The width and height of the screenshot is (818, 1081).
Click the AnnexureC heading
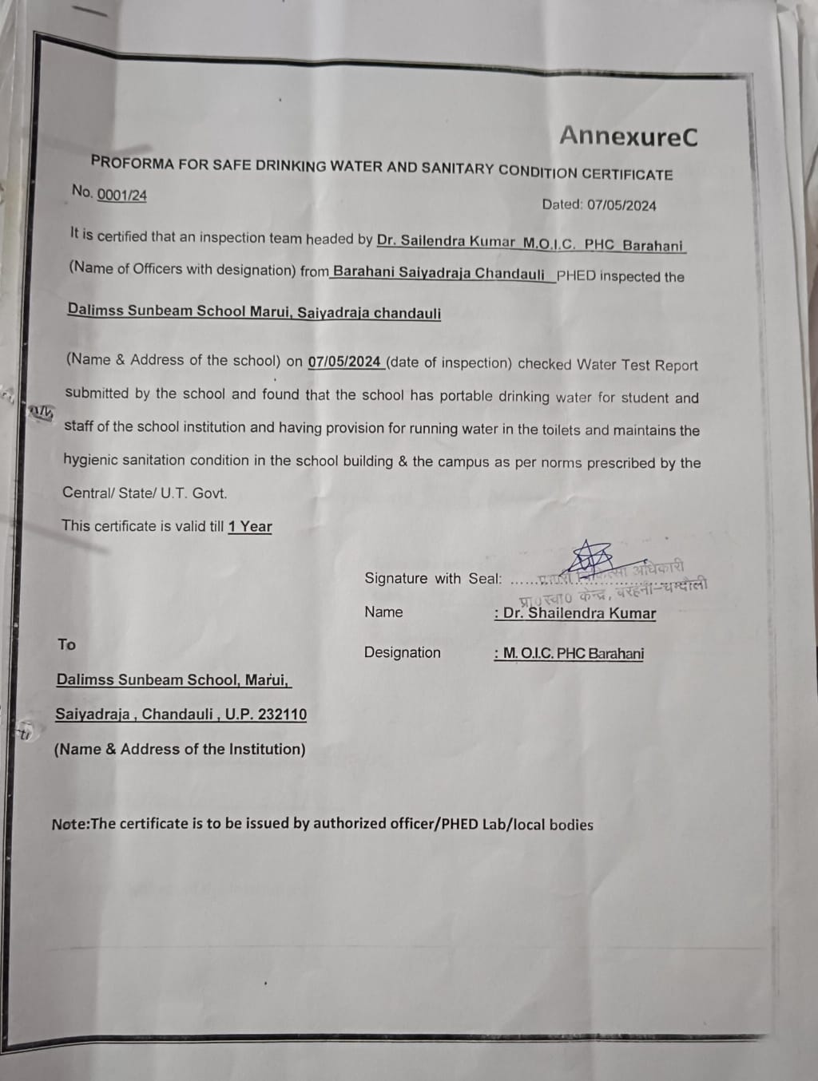[628, 136]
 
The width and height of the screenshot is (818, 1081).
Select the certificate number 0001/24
[121, 195]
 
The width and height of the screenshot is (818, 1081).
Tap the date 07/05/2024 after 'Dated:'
[621, 205]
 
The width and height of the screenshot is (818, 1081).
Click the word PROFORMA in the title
[132, 162]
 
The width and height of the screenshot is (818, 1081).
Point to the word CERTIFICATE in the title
[627, 174]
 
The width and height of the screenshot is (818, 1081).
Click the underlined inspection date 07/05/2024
[344, 362]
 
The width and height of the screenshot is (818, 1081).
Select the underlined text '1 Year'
[250, 526]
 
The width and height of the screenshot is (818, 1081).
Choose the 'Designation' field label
[402, 652]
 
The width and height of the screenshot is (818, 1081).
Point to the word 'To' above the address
[66, 644]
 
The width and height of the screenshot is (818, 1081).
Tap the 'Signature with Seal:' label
[433, 578]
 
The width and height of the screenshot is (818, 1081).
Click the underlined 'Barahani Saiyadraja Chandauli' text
[439, 273]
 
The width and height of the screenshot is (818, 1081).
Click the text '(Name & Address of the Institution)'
[180, 749]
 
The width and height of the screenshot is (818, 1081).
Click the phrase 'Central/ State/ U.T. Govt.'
[145, 493]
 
